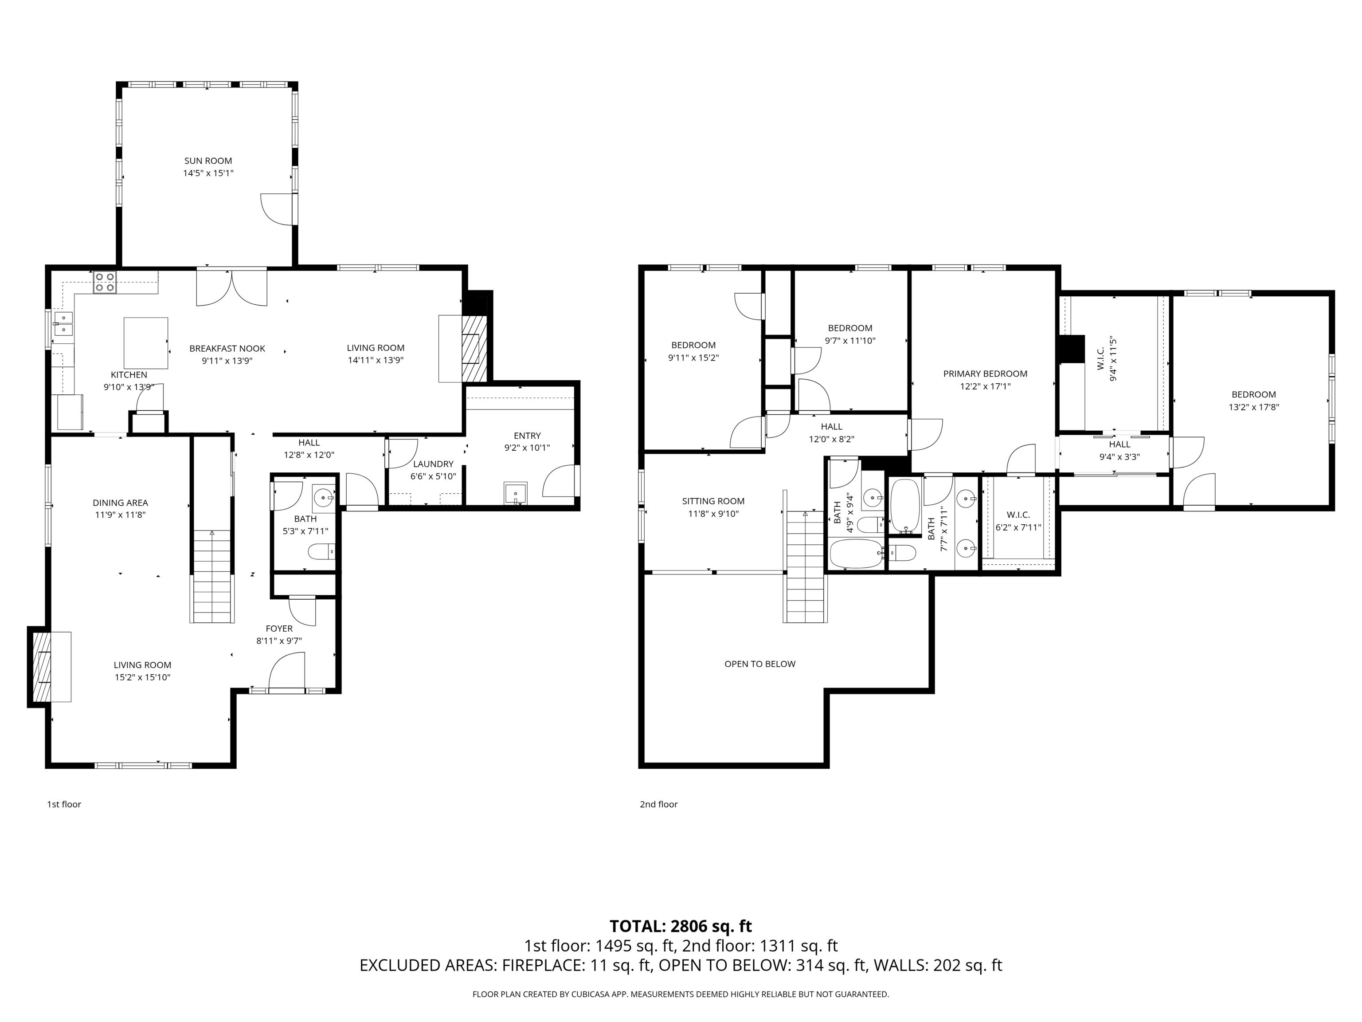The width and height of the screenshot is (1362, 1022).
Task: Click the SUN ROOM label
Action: pyautogui.click(x=208, y=161)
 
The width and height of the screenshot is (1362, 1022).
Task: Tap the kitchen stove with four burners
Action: pyautogui.click(x=105, y=282)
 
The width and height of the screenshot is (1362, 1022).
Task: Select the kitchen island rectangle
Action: pyautogui.click(x=146, y=342)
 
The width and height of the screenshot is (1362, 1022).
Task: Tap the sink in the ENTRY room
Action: pyautogui.click(x=515, y=493)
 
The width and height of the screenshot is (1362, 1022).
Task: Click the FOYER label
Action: pyautogui.click(x=279, y=629)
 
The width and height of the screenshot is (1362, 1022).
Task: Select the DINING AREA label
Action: pyautogui.click(x=120, y=503)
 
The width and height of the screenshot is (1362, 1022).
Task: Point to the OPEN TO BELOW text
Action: pyautogui.click(x=760, y=664)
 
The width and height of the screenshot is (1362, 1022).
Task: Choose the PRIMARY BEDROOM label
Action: pyautogui.click(x=985, y=373)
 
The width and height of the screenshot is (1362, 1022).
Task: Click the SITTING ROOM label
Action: pyautogui.click(x=713, y=501)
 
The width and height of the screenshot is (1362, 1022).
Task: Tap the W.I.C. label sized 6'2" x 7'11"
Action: pyautogui.click(x=1018, y=515)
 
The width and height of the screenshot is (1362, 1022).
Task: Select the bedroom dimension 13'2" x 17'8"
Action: pyautogui.click(x=1254, y=407)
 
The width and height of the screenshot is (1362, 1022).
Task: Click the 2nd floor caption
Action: pyautogui.click(x=658, y=804)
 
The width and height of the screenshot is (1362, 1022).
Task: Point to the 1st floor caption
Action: pyautogui.click(x=64, y=804)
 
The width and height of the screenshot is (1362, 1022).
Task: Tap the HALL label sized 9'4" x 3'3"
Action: pyautogui.click(x=1119, y=444)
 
